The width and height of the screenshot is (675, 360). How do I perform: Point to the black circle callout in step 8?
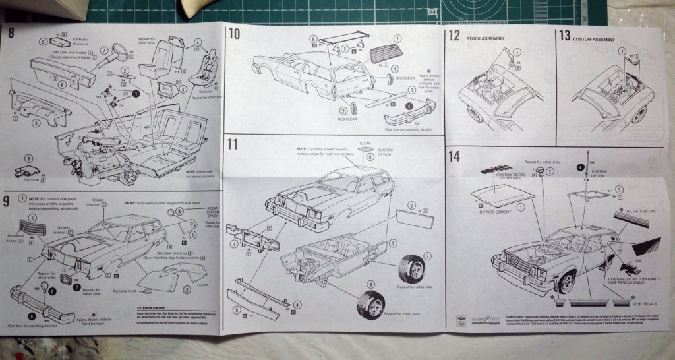pos(136,94)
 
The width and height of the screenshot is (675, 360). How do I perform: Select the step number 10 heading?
pos(235,34)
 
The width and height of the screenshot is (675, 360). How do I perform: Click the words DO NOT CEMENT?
pos(500,213)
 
